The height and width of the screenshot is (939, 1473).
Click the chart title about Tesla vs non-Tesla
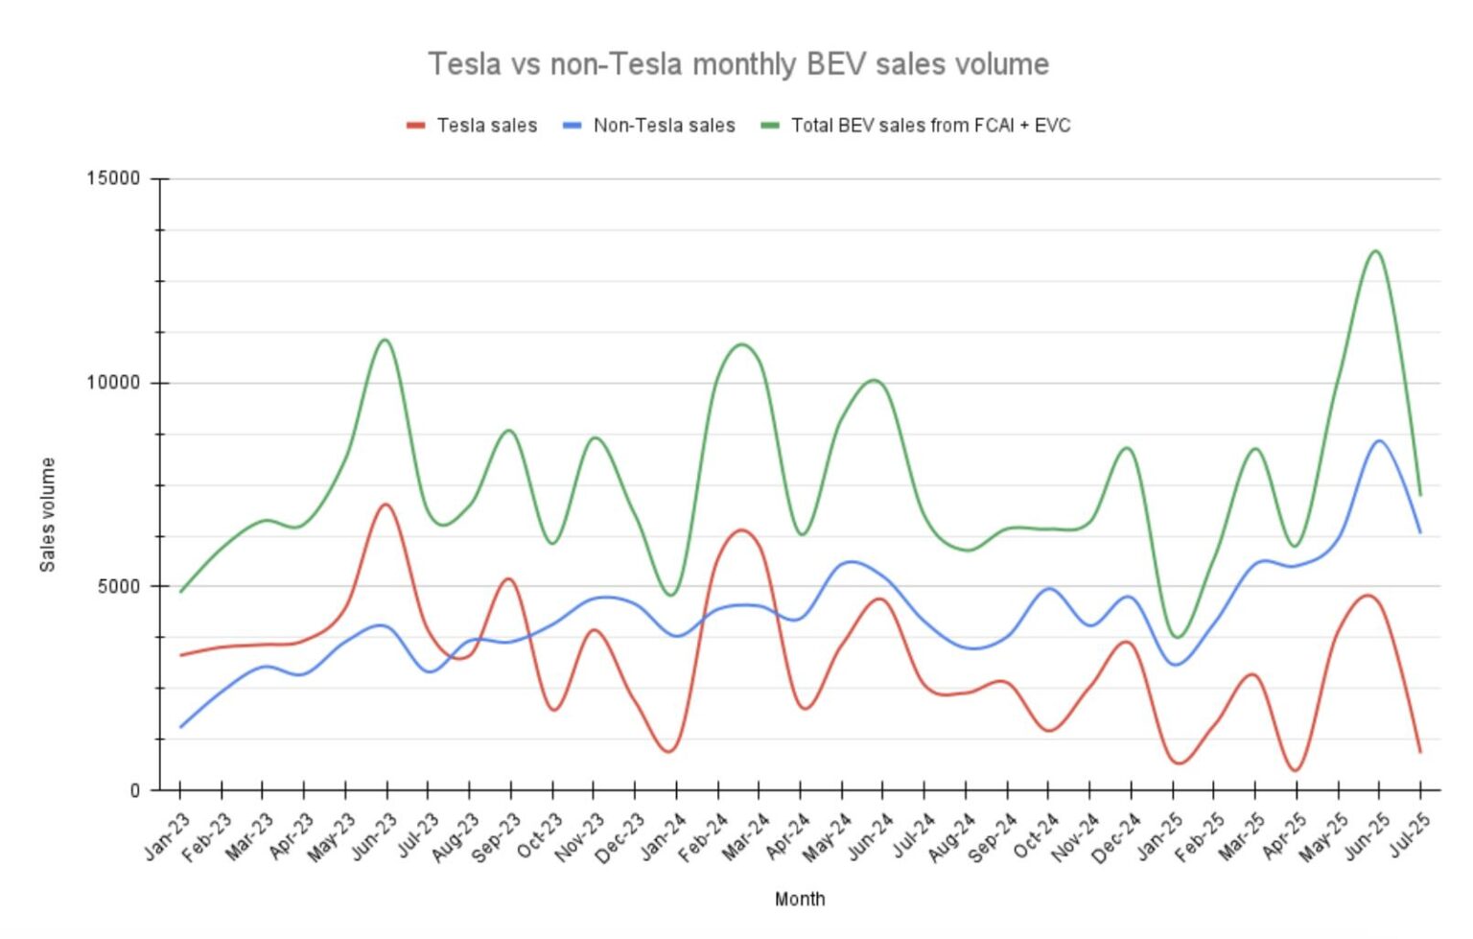737,64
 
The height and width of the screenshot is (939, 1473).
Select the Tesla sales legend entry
485,126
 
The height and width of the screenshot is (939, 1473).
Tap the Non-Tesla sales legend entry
663,126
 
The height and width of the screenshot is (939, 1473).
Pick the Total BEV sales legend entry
929,126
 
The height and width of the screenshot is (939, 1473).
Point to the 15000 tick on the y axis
113,178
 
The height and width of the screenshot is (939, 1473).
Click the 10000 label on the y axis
113,383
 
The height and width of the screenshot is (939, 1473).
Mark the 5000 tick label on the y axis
118,586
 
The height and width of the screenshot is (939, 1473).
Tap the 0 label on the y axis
134,790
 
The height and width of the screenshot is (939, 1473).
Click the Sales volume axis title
47,515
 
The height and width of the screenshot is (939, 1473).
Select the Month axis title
799,899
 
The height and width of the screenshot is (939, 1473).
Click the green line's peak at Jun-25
1376,251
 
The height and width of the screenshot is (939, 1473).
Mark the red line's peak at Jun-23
386,505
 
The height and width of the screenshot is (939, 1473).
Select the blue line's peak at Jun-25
1379,441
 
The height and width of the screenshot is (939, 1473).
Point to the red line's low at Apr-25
1296,770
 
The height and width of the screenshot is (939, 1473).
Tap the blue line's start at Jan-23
180,727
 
